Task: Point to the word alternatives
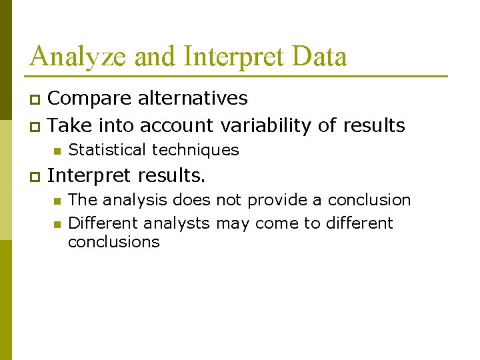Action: click(193, 99)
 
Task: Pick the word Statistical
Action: click(107, 150)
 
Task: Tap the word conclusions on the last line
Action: click(114, 241)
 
